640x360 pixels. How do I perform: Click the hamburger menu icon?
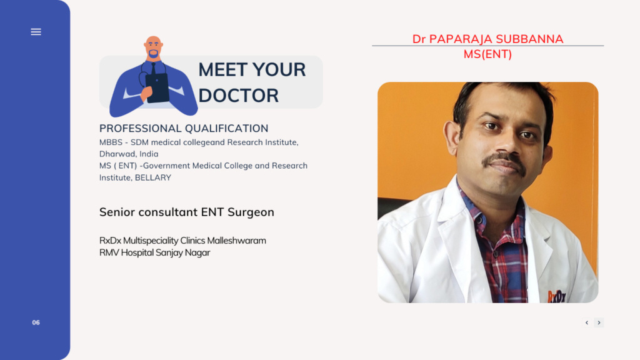coord(36,32)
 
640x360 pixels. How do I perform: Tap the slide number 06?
coord(36,322)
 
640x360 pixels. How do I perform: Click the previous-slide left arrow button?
coord(587,322)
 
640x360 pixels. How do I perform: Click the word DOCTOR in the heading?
coord(238,96)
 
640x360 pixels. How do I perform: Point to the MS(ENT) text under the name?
coord(487,54)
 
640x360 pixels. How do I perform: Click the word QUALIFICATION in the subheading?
coord(226,128)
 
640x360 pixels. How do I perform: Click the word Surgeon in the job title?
coord(251,212)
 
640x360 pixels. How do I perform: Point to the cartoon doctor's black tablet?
coord(157,87)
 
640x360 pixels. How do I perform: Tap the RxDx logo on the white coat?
coord(557,296)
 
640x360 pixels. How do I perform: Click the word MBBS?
coord(111,142)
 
